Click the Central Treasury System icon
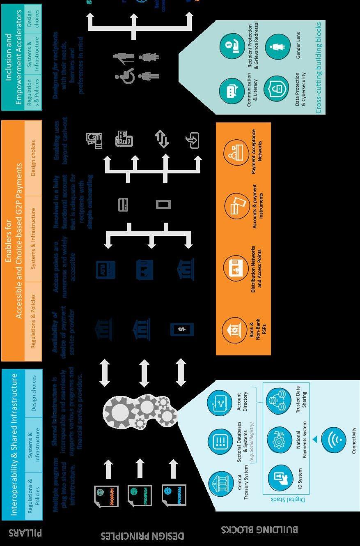[221, 484]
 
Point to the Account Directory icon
[220, 401]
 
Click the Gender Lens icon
[277, 46]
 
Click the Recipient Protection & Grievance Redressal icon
[232, 47]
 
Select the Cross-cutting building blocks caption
[318, 68]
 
